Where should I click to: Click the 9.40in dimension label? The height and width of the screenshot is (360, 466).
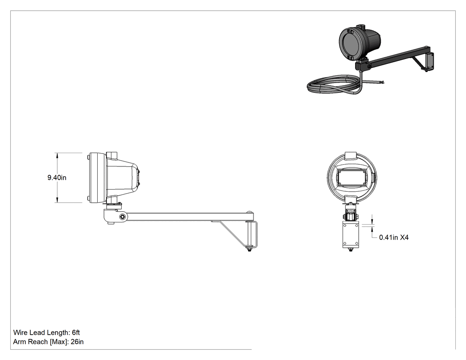(57, 178)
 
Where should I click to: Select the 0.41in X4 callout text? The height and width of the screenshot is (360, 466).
(394, 237)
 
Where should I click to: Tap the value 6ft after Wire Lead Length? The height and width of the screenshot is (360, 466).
(76, 332)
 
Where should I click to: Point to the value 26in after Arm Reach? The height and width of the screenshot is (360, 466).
(77, 341)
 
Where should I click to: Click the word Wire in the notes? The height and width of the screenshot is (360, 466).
(20, 332)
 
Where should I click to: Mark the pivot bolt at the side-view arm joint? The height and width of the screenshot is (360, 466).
(122, 217)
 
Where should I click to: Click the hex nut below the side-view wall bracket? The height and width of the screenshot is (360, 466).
(249, 249)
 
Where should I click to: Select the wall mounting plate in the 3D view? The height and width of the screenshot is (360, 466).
(429, 62)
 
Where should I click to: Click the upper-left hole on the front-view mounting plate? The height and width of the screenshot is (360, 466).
(345, 225)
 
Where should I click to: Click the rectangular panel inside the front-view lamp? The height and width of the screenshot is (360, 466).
(351, 178)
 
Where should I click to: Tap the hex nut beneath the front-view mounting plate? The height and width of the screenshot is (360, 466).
(351, 250)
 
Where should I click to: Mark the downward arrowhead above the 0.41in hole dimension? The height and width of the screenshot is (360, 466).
(372, 222)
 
